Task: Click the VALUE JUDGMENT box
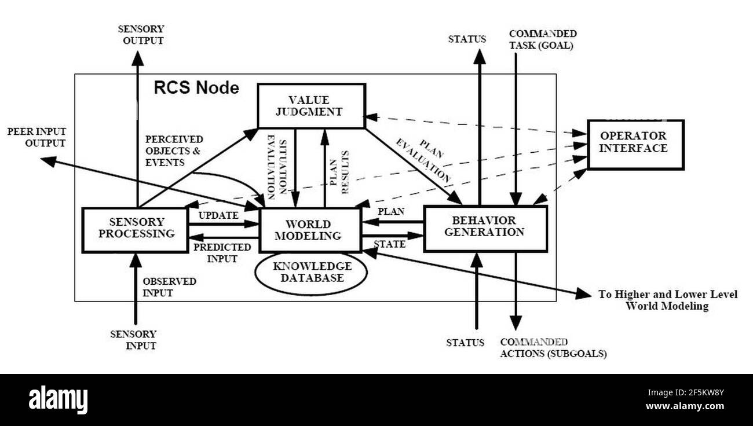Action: point(311,105)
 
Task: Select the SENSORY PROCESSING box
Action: point(135,229)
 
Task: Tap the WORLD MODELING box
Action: point(310,230)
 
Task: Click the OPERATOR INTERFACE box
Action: point(635,144)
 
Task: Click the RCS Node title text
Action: point(196,88)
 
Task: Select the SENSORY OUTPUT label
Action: point(140,35)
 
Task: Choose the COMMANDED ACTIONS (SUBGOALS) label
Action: point(553,348)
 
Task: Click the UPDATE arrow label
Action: point(218,215)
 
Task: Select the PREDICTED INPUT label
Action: point(222,253)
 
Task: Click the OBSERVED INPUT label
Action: point(169,287)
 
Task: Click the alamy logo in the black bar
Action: point(58,400)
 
